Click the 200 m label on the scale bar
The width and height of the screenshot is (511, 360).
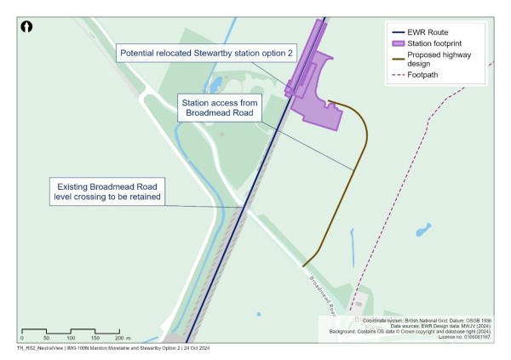click(x=121, y=338)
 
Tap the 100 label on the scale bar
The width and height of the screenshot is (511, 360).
click(x=72, y=338)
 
